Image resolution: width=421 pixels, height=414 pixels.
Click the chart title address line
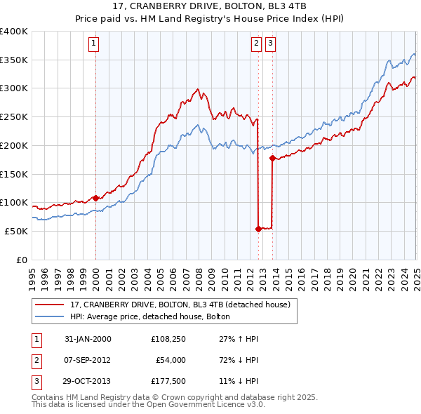pyautogui.click(x=210, y=8)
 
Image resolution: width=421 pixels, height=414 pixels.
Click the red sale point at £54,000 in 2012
pyautogui.click(x=258, y=229)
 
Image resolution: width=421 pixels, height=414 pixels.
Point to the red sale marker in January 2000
pyautogui.click(x=95, y=198)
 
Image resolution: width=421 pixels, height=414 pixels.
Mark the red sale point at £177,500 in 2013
pyautogui.click(x=273, y=159)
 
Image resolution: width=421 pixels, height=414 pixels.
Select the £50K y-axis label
pyautogui.click(x=17, y=231)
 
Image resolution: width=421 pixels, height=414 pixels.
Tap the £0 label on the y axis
pyautogui.click(x=21, y=260)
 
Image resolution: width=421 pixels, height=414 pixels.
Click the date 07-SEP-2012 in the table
pyautogui.click(x=88, y=360)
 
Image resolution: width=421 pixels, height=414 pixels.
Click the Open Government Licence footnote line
pyautogui.click(x=148, y=404)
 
